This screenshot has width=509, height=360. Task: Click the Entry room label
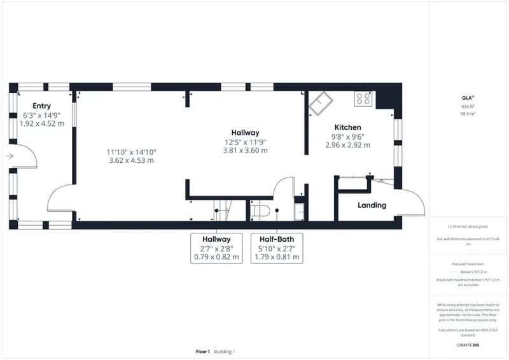click(x=41, y=106)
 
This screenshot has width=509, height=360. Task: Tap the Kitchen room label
click(x=347, y=127)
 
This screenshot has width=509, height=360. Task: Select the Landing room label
click(x=372, y=205)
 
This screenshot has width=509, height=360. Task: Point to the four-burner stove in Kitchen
click(x=364, y=99)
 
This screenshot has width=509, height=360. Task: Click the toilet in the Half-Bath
click(x=262, y=210)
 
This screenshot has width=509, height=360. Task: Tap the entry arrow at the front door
click(x=10, y=156)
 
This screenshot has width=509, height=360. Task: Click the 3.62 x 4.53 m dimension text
click(x=130, y=160)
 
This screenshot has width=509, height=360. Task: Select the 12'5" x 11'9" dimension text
click(x=245, y=142)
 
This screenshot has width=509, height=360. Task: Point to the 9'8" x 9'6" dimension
click(x=347, y=136)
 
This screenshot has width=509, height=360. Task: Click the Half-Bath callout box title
click(x=276, y=240)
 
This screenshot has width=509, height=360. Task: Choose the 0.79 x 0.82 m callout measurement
click(x=216, y=258)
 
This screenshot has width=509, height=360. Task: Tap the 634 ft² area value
click(x=468, y=106)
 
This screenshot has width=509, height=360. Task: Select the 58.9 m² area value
click(x=468, y=113)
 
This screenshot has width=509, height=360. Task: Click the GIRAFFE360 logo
click(x=468, y=343)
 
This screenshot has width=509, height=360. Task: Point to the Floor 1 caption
click(x=203, y=352)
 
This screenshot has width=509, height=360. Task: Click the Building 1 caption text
click(x=225, y=352)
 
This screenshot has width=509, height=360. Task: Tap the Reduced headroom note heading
click(x=468, y=263)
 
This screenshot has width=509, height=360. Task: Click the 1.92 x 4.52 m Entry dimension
click(x=41, y=123)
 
